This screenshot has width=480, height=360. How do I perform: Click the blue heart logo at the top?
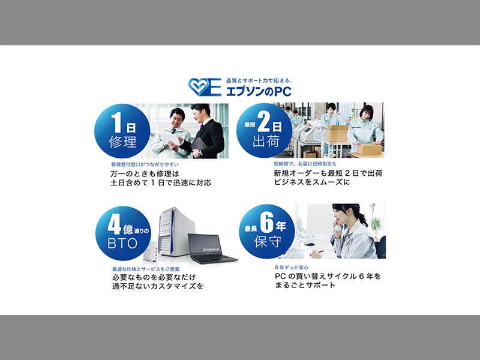(199, 87)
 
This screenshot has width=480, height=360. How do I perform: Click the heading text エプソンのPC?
(259, 92)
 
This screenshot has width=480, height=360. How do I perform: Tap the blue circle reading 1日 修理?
(122, 131)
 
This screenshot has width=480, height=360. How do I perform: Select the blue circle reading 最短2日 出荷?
(264, 130)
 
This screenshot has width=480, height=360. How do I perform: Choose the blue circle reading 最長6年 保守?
(266, 232)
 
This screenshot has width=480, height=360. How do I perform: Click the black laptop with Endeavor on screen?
(212, 248)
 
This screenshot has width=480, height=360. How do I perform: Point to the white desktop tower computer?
(176, 232)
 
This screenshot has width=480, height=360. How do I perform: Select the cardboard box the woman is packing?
(369, 149)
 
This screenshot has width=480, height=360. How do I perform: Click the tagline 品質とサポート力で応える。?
(259, 81)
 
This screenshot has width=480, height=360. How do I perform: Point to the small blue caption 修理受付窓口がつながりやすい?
(145, 164)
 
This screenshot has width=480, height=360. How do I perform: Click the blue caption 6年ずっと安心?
(292, 267)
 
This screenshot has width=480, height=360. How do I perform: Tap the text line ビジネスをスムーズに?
(311, 182)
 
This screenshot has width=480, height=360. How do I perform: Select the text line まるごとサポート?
(305, 286)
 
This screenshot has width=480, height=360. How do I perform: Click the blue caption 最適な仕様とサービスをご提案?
(146, 269)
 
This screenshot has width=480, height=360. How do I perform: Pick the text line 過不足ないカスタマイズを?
(158, 287)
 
